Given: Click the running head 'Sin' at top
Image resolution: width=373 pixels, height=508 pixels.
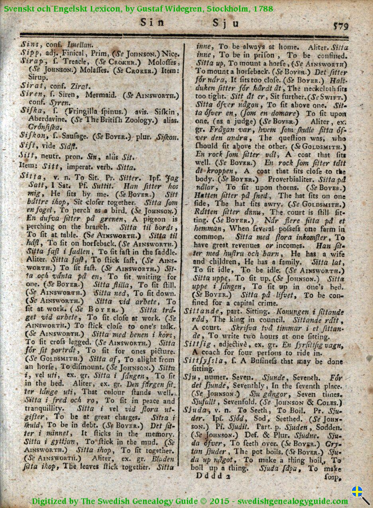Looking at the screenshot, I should (x=152, y=23).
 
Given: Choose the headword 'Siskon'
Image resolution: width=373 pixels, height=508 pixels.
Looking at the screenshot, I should (x=32, y=136).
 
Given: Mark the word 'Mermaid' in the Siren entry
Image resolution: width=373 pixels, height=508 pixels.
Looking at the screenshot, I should (x=101, y=95).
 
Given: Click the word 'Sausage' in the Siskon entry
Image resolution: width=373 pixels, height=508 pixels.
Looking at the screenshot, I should (x=77, y=136).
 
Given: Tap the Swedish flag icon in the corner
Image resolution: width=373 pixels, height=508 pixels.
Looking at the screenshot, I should (x=357, y=492).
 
